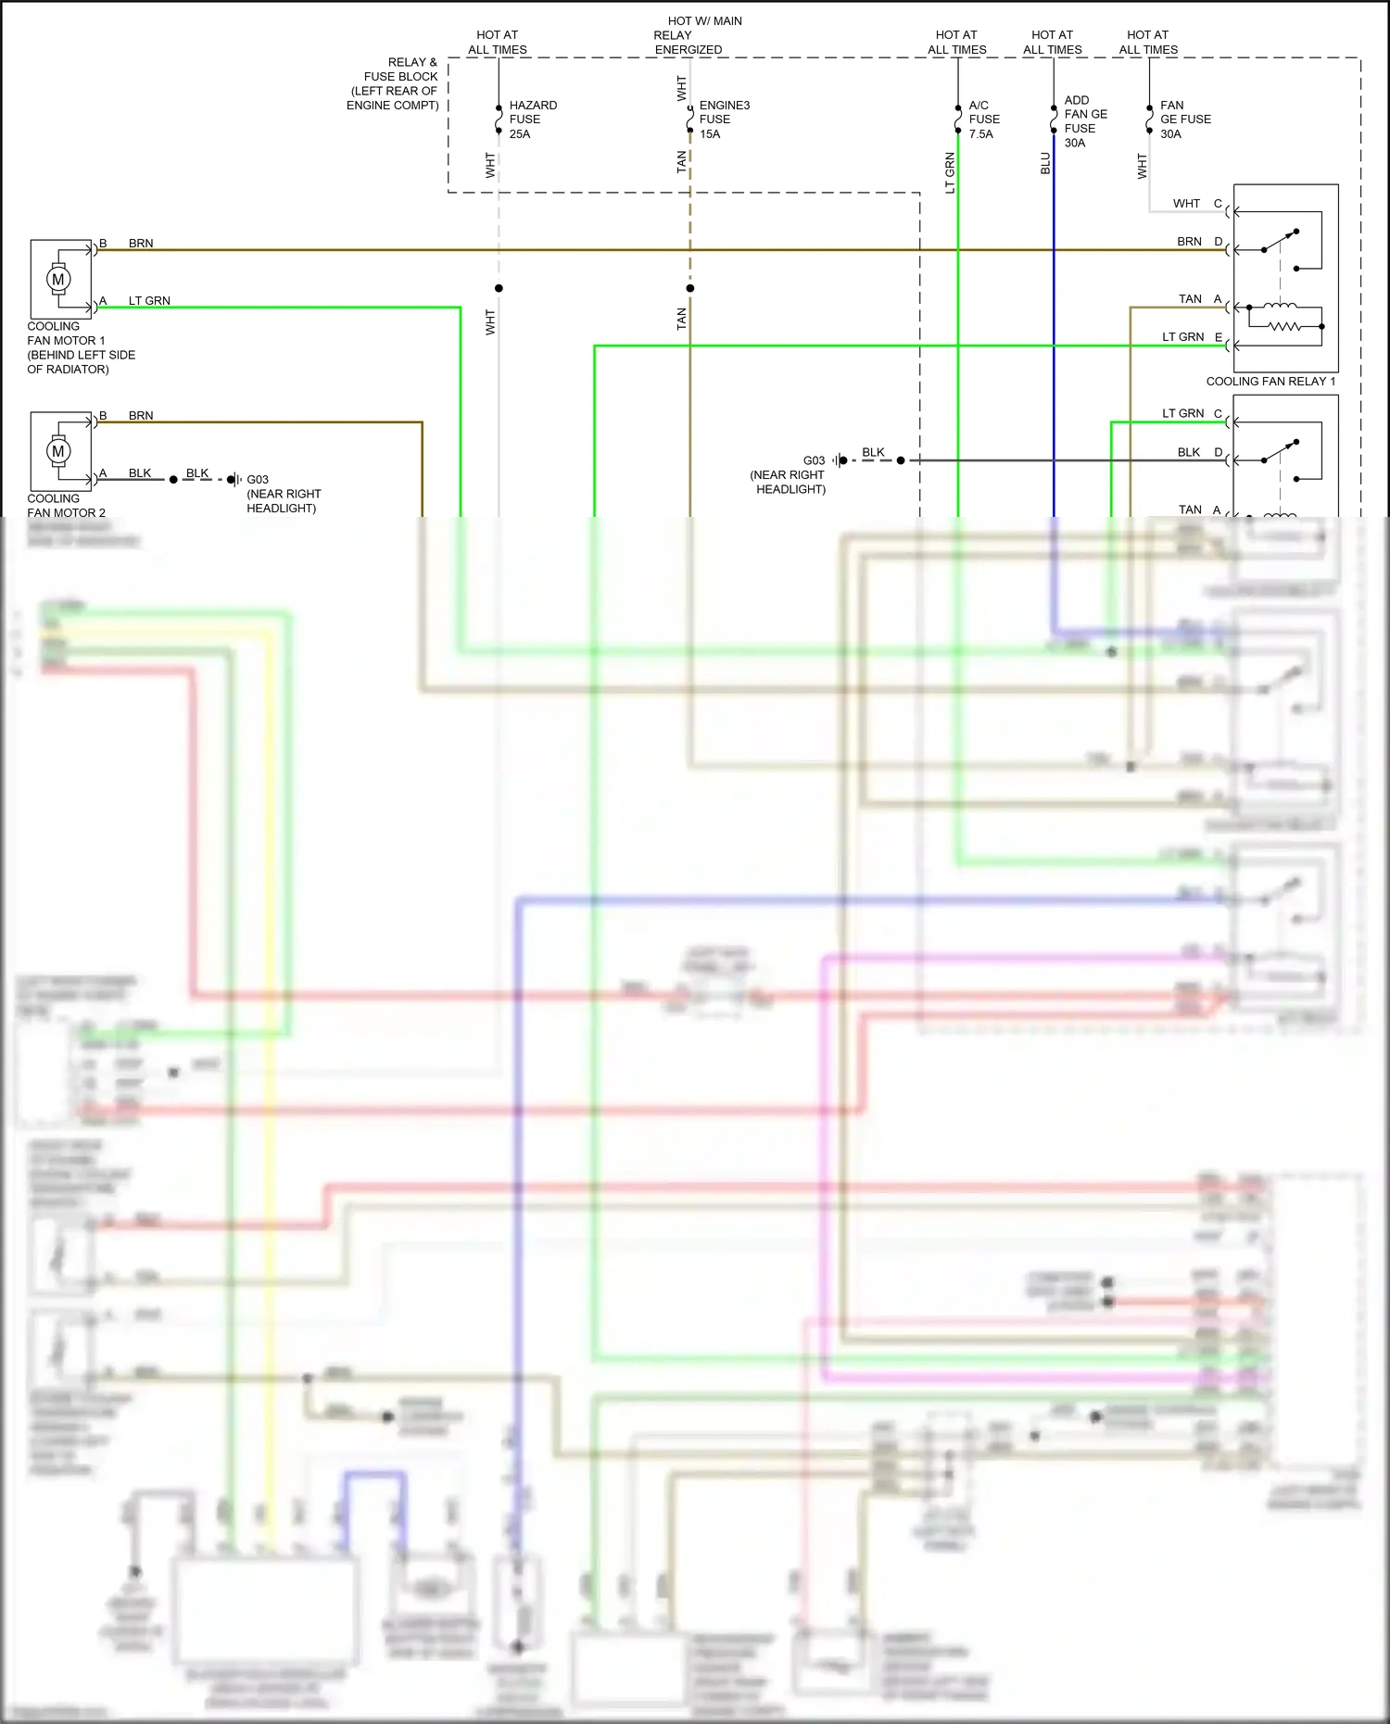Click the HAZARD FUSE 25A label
[532, 120]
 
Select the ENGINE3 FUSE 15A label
[724, 120]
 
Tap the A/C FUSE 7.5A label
[983, 120]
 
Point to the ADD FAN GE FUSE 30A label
[1085, 121]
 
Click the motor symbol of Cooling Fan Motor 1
[58, 279]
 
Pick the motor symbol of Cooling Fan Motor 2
[58, 451]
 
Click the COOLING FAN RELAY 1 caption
[1270, 382]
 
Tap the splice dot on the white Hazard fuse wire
[499, 288]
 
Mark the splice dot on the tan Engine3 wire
[690, 288]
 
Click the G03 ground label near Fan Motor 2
[258, 480]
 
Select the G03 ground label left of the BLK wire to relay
[814, 460]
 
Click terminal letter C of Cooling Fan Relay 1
[1218, 204]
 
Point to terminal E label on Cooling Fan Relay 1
[1219, 337]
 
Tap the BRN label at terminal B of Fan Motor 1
[141, 244]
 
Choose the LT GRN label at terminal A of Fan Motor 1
[149, 301]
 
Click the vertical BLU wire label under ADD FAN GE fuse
[1045, 164]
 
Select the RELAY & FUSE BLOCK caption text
[394, 83]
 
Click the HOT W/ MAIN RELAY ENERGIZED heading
[698, 35]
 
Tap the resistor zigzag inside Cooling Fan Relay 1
[1285, 326]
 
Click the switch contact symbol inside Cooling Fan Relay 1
[1280, 241]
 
